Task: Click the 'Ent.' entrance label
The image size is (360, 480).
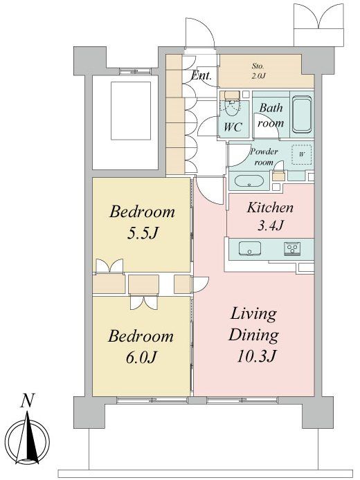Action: [201, 75]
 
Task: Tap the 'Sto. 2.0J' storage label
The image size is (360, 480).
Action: [258, 71]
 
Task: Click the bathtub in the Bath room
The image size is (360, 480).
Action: [302, 115]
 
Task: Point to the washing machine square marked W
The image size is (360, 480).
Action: [301, 155]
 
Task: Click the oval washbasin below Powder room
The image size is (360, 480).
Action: [249, 181]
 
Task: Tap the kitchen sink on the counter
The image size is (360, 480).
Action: [250, 248]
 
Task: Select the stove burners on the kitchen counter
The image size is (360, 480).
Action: [294, 248]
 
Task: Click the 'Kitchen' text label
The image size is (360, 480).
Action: [270, 208]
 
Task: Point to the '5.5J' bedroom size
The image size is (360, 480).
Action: [142, 234]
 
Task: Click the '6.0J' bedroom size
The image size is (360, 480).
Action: [141, 357]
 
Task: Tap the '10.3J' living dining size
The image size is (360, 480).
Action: [257, 356]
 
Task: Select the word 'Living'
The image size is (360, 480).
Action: [253, 315]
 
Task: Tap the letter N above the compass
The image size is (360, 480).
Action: [27, 401]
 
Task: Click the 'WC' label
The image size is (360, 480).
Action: [233, 127]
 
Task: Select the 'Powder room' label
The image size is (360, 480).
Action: [264, 156]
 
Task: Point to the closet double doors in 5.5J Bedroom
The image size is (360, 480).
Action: [109, 266]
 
